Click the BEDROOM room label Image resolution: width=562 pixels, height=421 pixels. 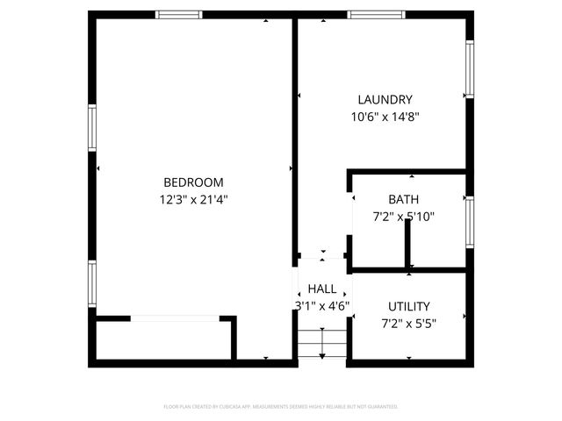pos(193,182)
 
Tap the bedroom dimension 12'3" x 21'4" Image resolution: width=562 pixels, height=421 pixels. pos(193,200)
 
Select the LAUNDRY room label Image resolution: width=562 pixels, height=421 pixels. pos(385,100)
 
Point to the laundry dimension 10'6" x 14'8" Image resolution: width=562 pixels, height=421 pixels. pos(385,117)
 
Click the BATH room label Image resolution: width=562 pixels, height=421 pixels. pos(404,200)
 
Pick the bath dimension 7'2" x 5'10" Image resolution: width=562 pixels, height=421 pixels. pos(404,217)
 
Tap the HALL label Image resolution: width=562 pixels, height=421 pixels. pos(322,289)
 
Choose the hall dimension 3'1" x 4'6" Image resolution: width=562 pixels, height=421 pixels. pos(322,306)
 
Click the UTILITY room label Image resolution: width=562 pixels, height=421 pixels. pos(409,306)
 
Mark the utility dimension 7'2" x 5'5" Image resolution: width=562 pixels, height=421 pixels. pos(409,323)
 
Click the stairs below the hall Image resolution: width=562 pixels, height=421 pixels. pos(322,343)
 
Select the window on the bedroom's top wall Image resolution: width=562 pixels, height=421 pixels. pos(179,14)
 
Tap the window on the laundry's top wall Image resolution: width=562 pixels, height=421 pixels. pos(376,14)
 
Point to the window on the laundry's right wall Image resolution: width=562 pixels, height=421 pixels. pos(470,70)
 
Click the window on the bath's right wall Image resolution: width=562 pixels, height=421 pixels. pos(470,223)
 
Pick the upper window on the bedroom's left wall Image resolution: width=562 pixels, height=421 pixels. pos(91,128)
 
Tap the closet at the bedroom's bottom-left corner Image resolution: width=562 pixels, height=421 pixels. pos(162,340)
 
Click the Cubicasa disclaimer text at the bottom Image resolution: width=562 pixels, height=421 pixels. pos(281,407)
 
